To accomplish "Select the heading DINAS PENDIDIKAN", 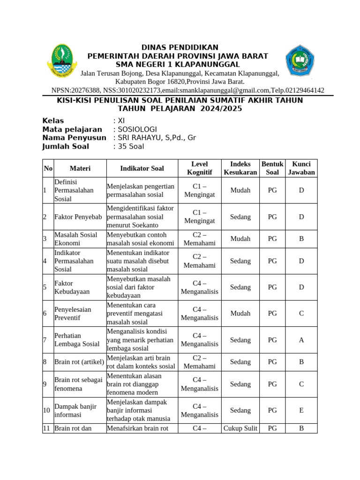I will click(x=180, y=47).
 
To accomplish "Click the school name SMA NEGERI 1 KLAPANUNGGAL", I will click(x=178, y=64).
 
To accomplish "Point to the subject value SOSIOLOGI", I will click(x=137, y=129).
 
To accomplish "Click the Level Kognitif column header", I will click(x=200, y=168).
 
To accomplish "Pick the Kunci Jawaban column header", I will click(x=301, y=168).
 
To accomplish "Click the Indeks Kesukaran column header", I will click(x=240, y=168).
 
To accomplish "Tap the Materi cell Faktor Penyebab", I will click(x=78, y=217).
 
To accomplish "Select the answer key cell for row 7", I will click(x=301, y=340).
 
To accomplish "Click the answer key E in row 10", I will click(x=301, y=410).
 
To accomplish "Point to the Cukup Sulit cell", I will click(x=240, y=428).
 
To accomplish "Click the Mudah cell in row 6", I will click(x=240, y=314).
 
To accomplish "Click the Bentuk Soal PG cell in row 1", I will click(x=272, y=190).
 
